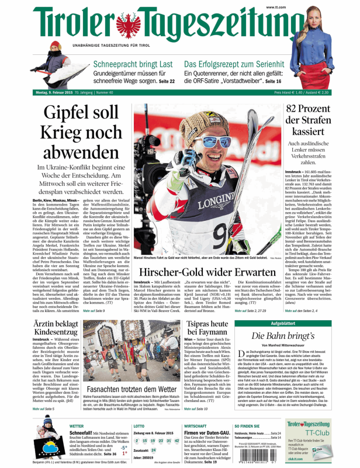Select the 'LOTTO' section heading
point(139,427)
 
